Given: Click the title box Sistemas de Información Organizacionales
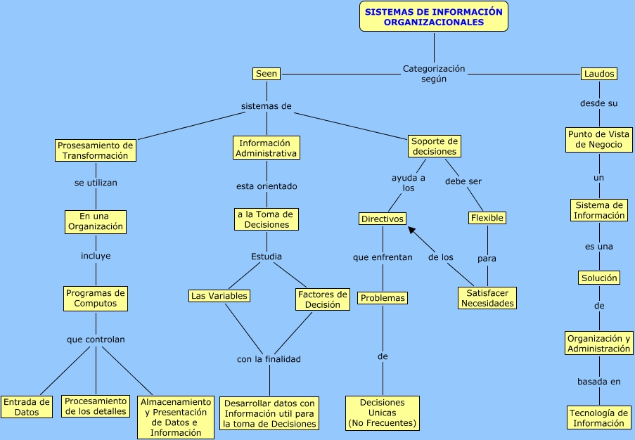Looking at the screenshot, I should point(434,16).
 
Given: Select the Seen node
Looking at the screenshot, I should point(267,73).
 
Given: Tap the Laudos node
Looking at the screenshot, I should point(599,73).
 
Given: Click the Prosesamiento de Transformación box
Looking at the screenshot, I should point(96,150).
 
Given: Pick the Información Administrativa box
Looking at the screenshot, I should point(267,148).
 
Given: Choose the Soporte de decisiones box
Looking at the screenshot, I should point(434,146).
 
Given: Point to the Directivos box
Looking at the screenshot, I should point(383,219).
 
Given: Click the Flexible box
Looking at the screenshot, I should point(487,218).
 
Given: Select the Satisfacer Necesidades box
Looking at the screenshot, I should point(487,298).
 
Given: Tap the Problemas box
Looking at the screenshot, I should point(383,298).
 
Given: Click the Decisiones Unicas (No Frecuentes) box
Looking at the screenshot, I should point(383,413).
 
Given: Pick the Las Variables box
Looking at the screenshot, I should point(219,296).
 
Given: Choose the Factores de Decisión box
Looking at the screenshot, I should point(322,299).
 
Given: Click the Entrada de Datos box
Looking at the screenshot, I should point(27,407).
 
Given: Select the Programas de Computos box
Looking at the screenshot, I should point(96,298).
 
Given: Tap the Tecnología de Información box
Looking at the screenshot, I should point(599,418).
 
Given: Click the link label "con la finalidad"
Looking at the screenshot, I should point(269,359).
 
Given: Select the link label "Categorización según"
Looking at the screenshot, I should point(434,74).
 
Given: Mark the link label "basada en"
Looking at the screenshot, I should point(599,382).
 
